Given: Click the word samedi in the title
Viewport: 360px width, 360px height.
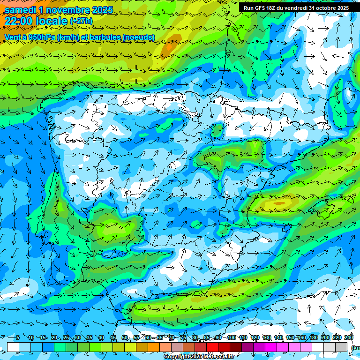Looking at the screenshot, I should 20,10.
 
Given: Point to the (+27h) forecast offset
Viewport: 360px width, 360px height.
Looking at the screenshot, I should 81,21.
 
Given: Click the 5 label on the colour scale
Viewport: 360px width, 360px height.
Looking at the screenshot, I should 17,338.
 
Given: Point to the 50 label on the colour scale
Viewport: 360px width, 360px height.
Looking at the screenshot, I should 125,338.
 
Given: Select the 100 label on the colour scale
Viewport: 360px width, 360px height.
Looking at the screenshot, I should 231,338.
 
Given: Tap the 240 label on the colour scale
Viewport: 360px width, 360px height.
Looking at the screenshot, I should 349,338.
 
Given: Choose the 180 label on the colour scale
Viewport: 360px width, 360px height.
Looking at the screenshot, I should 314,338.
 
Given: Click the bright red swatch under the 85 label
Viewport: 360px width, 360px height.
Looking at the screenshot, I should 212,347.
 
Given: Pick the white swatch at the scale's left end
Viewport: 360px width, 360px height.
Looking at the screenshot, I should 13,347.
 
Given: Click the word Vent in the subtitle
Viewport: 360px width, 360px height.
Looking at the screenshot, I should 13,37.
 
